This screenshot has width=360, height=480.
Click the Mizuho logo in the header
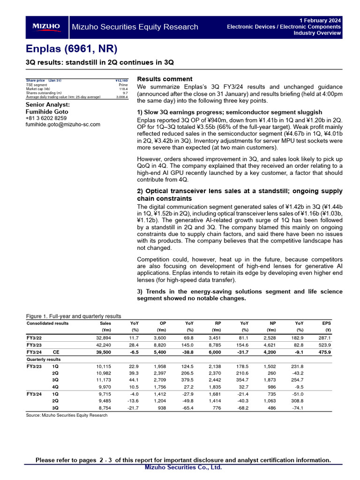point(46,27)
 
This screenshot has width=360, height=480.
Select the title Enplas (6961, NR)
point(71,49)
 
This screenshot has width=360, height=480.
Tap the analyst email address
point(62,125)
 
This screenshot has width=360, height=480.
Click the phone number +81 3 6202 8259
point(46,118)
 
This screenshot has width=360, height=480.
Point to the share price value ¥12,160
point(121,81)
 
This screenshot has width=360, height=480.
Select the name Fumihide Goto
point(46,112)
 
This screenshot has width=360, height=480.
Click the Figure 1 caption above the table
point(74,316)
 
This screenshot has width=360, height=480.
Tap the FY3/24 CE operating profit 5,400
point(159,352)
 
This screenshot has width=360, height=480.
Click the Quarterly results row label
point(44,360)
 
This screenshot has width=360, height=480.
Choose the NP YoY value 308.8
point(297,401)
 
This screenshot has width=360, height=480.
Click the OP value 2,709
point(159,380)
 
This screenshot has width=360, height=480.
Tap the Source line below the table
point(67,415)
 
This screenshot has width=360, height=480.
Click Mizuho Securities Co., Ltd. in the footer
point(183,467)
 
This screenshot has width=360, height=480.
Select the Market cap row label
point(38,89)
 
